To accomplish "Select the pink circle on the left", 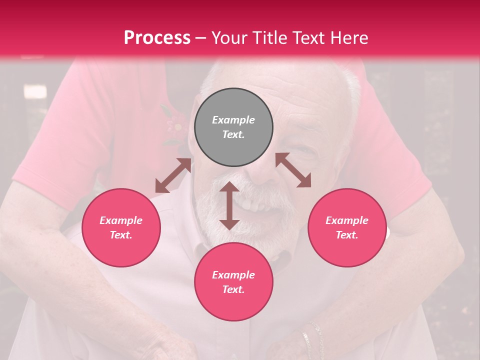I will tap(121, 227).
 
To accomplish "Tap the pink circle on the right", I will tap(346, 227).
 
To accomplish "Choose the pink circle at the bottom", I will tap(233, 282).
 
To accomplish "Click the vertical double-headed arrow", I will tap(229, 205).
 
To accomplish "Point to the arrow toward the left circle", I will tap(173, 175).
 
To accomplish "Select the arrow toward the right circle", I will tap(293, 170).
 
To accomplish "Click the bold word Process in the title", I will tap(157, 37).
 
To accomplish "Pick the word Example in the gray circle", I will tap(233, 120).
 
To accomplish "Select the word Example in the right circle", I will tap(346, 220).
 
